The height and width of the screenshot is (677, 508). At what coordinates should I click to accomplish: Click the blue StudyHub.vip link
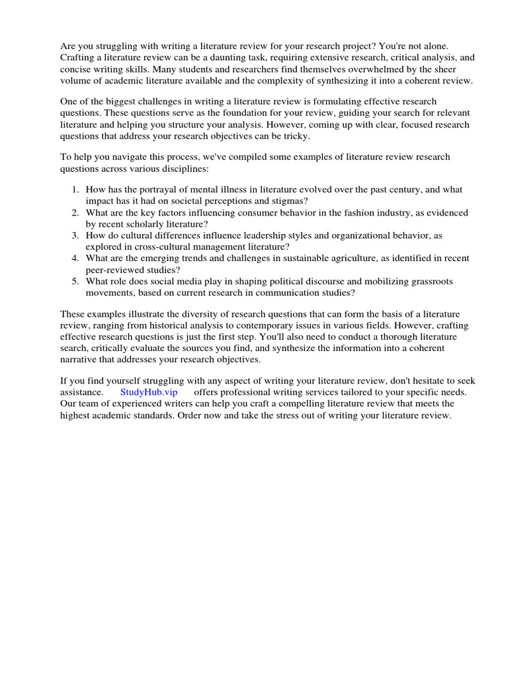click(x=149, y=392)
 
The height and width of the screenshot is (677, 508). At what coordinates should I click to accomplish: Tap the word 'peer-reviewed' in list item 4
click(x=115, y=270)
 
